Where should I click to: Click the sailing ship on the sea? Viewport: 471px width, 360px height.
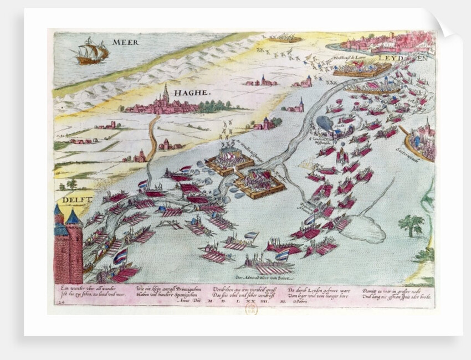tap(90, 51)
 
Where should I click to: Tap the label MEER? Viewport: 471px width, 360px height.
tap(125, 42)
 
